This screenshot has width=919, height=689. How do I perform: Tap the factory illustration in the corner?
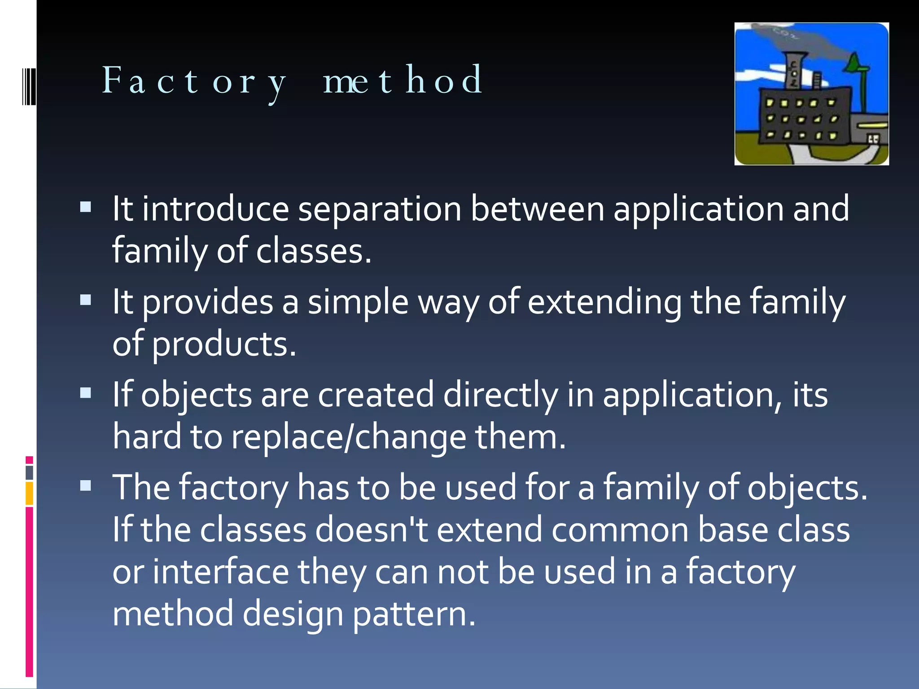click(x=811, y=94)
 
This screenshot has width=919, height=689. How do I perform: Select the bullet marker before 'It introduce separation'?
click(x=85, y=207)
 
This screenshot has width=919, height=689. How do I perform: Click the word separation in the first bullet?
click(x=380, y=209)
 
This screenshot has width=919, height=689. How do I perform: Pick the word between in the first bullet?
click(x=537, y=209)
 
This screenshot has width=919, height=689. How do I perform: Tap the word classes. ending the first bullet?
click(x=314, y=251)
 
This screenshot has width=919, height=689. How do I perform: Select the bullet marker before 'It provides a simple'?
click(x=85, y=300)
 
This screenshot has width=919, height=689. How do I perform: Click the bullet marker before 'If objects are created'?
click(x=85, y=393)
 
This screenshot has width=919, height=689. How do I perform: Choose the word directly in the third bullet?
click(x=500, y=395)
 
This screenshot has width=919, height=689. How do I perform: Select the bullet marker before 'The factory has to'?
click(x=85, y=485)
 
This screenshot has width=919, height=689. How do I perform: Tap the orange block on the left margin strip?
click(x=29, y=493)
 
